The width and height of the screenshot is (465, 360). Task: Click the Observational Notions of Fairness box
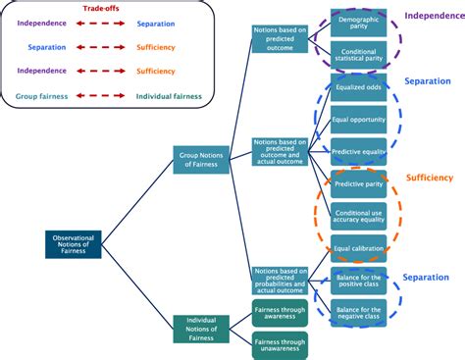[74, 244]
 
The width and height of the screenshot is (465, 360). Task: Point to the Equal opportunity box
[358, 123]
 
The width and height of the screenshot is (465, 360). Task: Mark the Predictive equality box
[358, 153]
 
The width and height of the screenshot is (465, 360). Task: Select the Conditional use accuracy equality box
[358, 215]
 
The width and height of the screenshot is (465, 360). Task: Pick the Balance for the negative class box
[358, 313]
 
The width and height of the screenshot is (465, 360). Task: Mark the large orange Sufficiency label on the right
[428, 178]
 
